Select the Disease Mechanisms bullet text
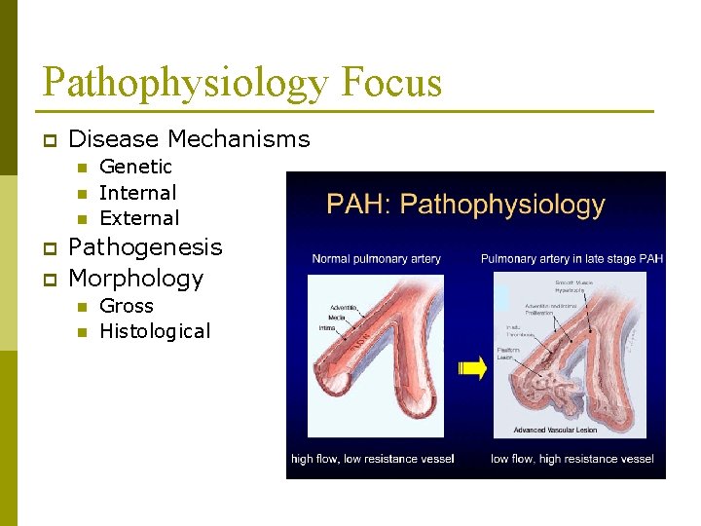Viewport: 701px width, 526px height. tap(189, 139)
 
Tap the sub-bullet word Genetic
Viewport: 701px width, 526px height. tap(135, 167)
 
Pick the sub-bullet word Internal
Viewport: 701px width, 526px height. tap(137, 193)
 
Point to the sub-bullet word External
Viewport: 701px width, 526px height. tap(139, 218)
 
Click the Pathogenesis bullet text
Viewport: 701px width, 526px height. tap(145, 247)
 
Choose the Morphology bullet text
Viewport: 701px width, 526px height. tap(136, 279)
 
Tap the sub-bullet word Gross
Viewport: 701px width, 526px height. tap(127, 305)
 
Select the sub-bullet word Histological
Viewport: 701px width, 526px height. tap(155, 331)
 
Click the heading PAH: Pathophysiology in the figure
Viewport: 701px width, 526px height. tap(465, 206)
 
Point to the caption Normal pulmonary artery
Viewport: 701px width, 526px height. tap(376, 259)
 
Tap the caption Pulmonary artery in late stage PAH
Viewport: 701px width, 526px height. tap(572, 259)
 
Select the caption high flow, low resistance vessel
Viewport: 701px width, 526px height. tap(373, 459)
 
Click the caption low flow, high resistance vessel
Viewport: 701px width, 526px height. tap(572, 459)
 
